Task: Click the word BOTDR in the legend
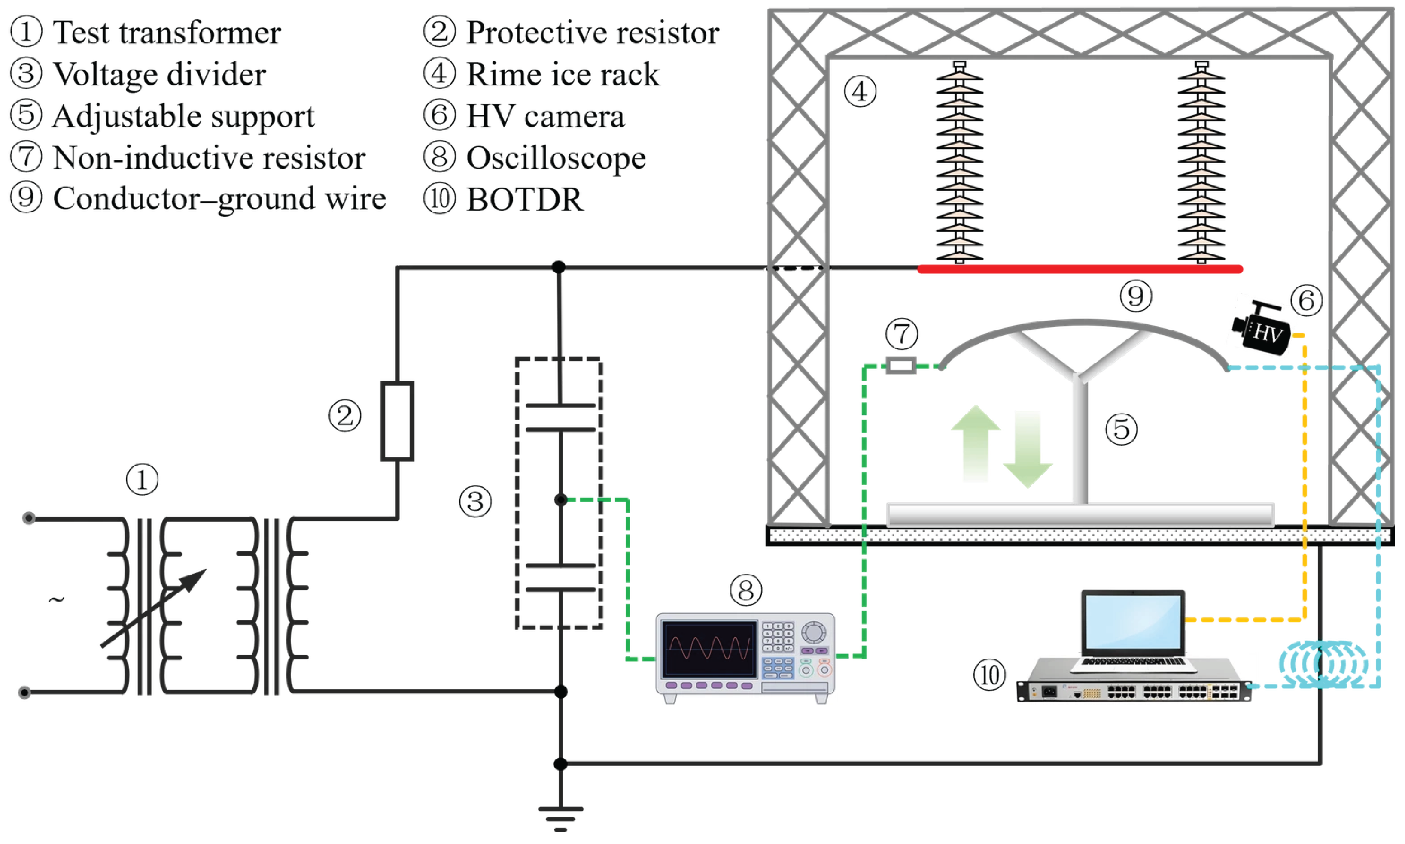[525, 200]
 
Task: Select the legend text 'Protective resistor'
[593, 33]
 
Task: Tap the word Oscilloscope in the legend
[556, 157]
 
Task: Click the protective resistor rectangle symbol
[397, 421]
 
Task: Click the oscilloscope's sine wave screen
[709, 649]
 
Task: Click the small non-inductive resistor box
[901, 365]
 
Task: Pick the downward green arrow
[1027, 449]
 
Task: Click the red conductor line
[1080, 269]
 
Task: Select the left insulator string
[959, 162]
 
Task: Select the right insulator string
[1201, 162]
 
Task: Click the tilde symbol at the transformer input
[56, 600]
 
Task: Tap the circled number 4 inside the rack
[859, 91]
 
